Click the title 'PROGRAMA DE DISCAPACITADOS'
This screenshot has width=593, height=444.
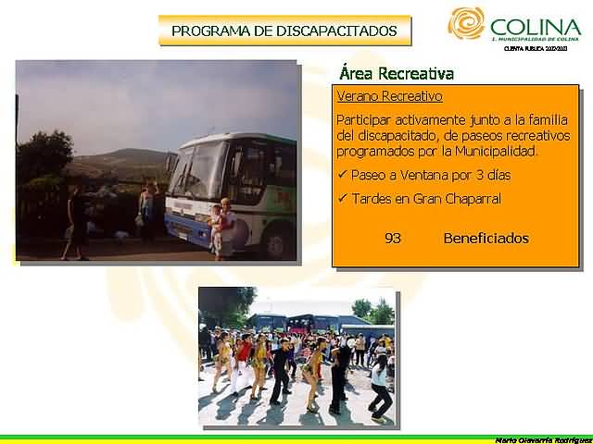[284, 31]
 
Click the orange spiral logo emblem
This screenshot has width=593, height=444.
[466, 23]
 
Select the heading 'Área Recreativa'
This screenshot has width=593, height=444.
[397, 74]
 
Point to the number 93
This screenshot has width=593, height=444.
[392, 239]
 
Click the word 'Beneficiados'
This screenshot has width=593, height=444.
[486, 239]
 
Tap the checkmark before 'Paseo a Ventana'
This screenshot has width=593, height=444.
[342, 175]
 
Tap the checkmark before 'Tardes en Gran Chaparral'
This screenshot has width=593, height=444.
[342, 199]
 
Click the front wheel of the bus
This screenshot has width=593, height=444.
[276, 242]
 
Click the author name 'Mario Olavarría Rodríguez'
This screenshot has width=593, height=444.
[542, 438]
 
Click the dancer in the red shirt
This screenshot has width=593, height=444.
[244, 356]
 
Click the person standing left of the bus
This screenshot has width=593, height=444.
[146, 211]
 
